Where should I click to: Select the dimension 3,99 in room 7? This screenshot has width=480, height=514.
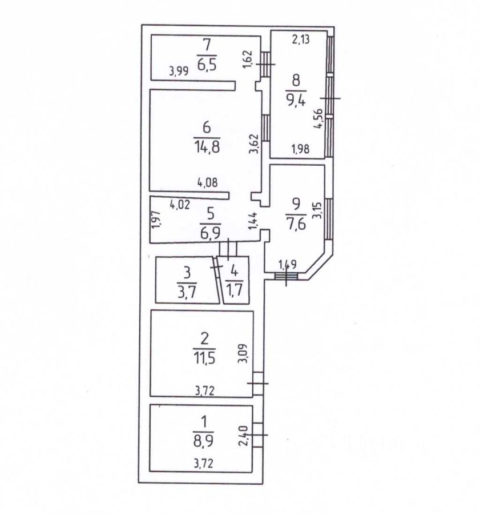[180, 71]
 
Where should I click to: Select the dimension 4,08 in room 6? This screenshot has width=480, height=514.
[208, 184]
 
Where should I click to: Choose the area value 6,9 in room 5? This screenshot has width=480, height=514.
[209, 233]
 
